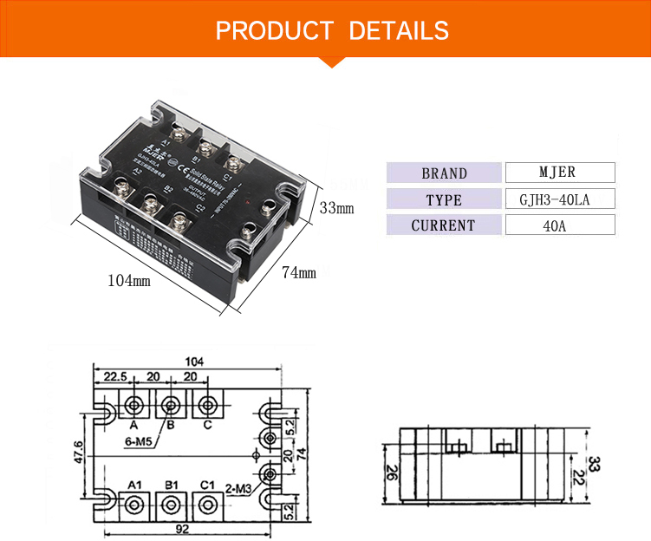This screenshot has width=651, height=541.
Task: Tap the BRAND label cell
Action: click(x=444, y=173)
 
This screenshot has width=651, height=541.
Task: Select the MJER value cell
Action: click(x=559, y=172)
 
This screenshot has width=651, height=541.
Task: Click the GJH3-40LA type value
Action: click(x=559, y=199)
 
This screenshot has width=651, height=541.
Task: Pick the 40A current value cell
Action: click(x=559, y=225)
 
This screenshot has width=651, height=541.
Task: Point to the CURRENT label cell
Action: click(x=444, y=225)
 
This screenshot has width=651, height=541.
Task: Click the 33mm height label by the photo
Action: click(x=336, y=208)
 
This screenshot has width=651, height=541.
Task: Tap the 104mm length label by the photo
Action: click(x=129, y=281)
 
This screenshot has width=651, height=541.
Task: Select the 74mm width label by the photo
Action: click(x=299, y=272)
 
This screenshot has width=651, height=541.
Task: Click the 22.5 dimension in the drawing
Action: click(x=117, y=377)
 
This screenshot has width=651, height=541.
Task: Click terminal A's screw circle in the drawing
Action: click(x=135, y=404)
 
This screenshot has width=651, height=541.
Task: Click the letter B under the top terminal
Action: click(x=171, y=425)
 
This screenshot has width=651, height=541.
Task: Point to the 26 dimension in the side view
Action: click(x=393, y=473)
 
